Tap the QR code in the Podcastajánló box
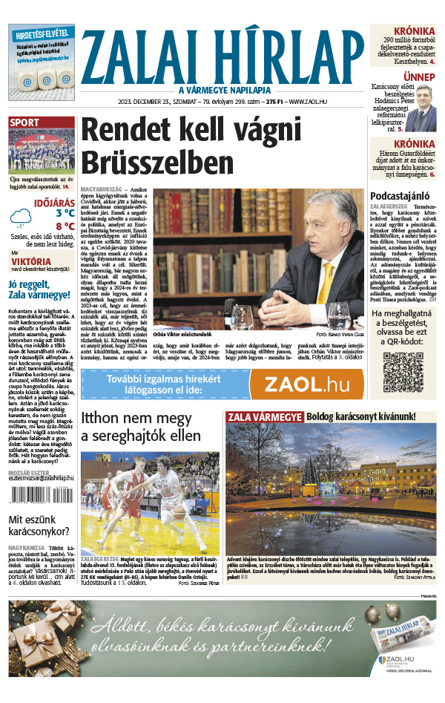point(403,371)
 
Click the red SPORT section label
point(25,122)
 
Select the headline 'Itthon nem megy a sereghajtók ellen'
point(148,426)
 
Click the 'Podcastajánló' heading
point(403,195)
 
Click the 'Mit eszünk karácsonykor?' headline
point(39,525)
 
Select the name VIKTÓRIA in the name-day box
point(31,261)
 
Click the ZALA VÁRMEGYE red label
point(265,417)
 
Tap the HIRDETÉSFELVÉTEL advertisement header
point(42,33)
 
